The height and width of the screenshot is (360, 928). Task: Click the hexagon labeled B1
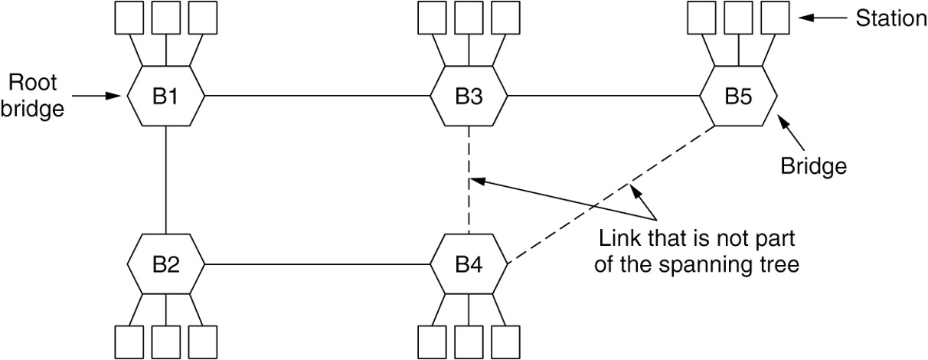pos(166,96)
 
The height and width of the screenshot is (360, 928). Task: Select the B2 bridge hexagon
pos(166,264)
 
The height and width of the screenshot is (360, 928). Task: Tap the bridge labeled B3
pos(468,96)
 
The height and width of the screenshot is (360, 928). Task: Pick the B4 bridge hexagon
pos(468,264)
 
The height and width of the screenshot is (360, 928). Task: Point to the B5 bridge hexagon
pos(739,96)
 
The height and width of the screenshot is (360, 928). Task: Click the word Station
pos(890,19)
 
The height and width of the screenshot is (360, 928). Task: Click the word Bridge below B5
pos(813,165)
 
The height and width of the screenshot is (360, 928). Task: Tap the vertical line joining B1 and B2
pos(166,180)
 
